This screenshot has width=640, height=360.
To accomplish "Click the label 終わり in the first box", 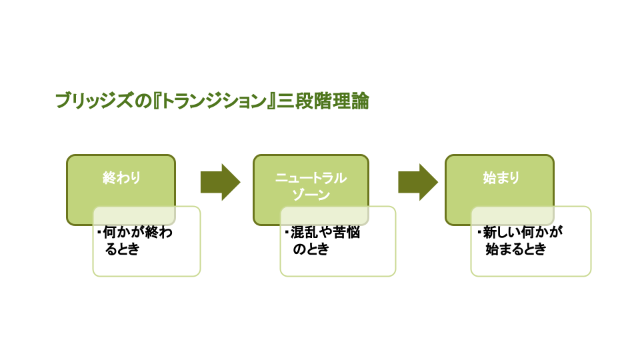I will click(121, 178).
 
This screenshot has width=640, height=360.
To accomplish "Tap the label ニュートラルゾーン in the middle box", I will click(311, 186).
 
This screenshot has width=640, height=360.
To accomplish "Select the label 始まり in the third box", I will click(501, 178).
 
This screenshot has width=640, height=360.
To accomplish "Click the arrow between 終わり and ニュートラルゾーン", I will click(220, 182).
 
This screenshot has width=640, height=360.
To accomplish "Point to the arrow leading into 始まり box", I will click(418, 182).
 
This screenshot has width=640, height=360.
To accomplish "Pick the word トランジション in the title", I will click(216, 102).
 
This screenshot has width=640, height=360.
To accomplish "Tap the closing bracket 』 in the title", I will click(272, 102).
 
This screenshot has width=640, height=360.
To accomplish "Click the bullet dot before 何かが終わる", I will click(99, 233).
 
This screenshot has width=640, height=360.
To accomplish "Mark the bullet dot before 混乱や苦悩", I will click(286, 233).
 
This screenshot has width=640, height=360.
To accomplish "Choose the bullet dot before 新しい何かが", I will click(479, 233).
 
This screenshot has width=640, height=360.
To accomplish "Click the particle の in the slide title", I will click(147, 102).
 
